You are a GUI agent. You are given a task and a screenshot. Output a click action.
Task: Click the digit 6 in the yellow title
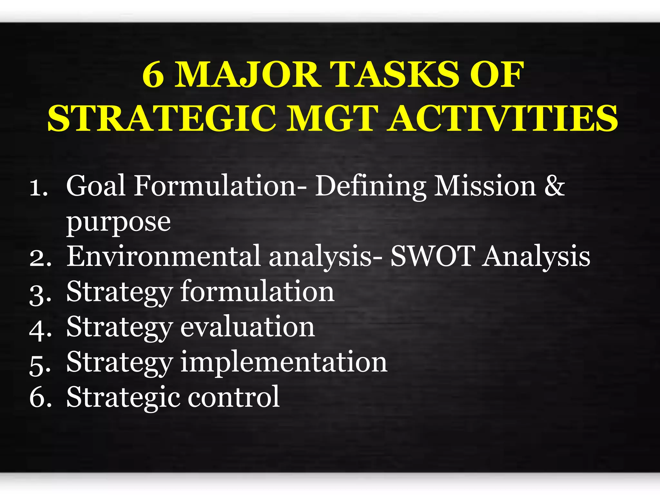(x=153, y=75)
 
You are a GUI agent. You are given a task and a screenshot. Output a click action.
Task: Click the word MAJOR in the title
(x=247, y=75)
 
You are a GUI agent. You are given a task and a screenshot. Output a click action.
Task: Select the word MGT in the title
(x=333, y=118)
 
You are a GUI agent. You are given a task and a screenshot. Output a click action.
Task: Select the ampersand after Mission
(x=554, y=186)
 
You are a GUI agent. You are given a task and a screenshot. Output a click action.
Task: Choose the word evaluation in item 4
(x=247, y=327)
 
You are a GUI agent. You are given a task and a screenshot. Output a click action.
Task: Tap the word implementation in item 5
(x=284, y=362)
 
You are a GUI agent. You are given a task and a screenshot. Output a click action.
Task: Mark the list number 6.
(x=39, y=398)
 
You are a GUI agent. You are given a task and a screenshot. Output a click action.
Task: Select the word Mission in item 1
(x=485, y=186)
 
